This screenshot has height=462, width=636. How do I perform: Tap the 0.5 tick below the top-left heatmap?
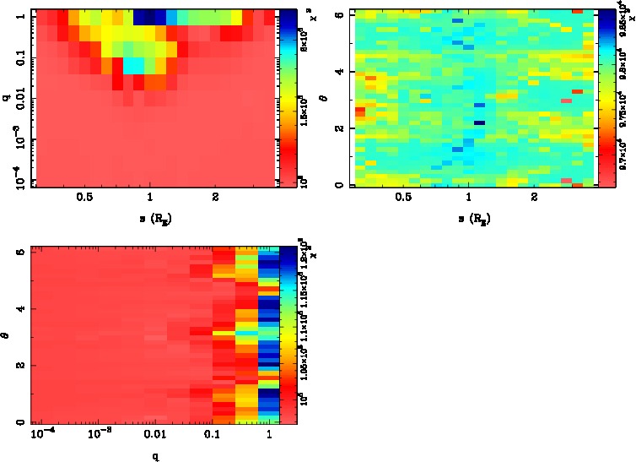[x=84, y=198]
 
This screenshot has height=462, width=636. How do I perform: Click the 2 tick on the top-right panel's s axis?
[x=535, y=198]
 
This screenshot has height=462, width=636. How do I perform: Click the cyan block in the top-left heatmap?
[x=133, y=66]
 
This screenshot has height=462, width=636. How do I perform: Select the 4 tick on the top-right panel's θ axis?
[x=337, y=73]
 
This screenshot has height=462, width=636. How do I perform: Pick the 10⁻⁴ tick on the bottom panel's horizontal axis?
[x=40, y=434]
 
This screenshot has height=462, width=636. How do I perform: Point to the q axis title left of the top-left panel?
[x=7, y=100]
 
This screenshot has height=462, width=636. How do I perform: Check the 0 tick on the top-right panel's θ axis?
[x=337, y=185]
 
